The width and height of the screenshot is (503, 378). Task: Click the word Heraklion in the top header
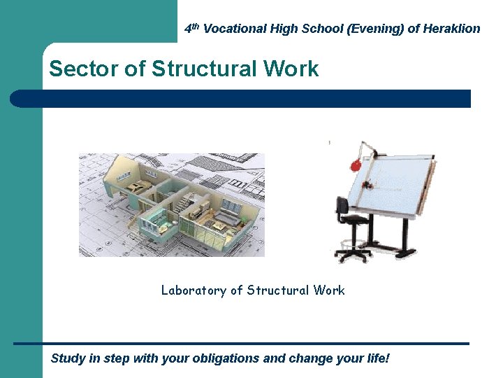[452, 29]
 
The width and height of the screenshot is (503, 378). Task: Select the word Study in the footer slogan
[68, 358]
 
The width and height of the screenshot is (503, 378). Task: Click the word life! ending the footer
[374, 358]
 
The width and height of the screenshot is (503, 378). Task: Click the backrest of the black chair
[342, 206]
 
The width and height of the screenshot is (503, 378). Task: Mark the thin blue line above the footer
[240, 343]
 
